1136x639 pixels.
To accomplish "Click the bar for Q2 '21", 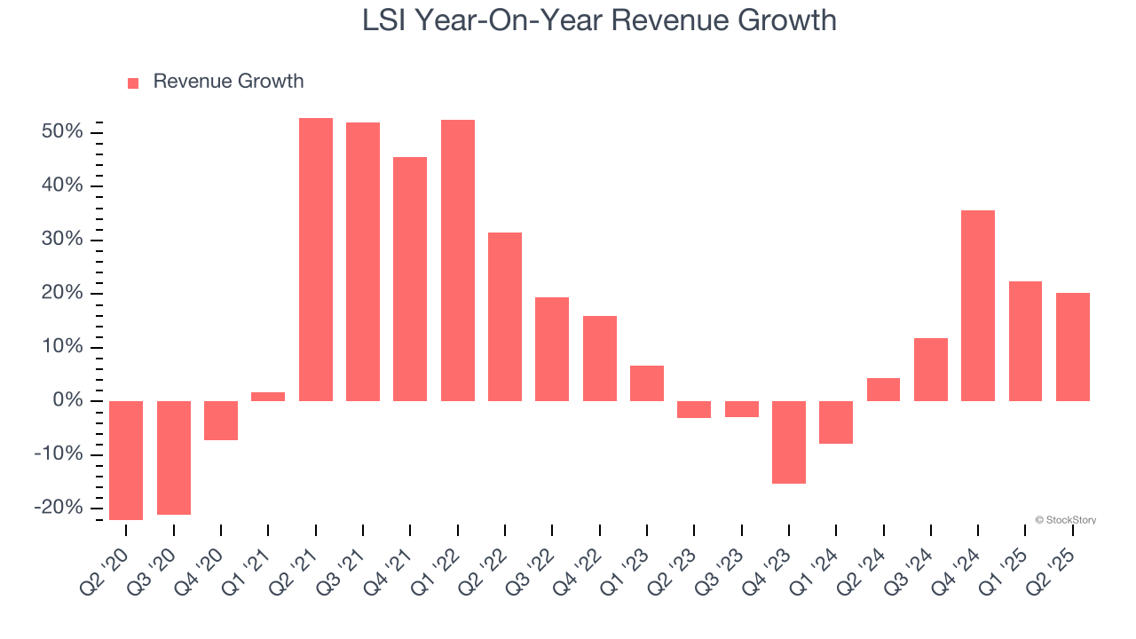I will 315,259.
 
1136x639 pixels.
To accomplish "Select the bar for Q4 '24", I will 977,305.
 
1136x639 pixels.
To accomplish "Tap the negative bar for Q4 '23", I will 788,442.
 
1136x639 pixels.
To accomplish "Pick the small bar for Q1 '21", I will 268,397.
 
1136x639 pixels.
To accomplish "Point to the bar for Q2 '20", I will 126,460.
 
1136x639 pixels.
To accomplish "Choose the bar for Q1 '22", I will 457,260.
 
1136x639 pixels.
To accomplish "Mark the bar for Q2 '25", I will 1072,347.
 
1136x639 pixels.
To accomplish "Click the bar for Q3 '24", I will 930,369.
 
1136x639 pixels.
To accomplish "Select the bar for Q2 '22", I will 504,317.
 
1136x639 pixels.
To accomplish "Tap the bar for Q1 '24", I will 835,422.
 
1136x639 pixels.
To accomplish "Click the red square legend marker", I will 133,83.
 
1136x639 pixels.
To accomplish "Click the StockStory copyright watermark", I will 1065,520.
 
